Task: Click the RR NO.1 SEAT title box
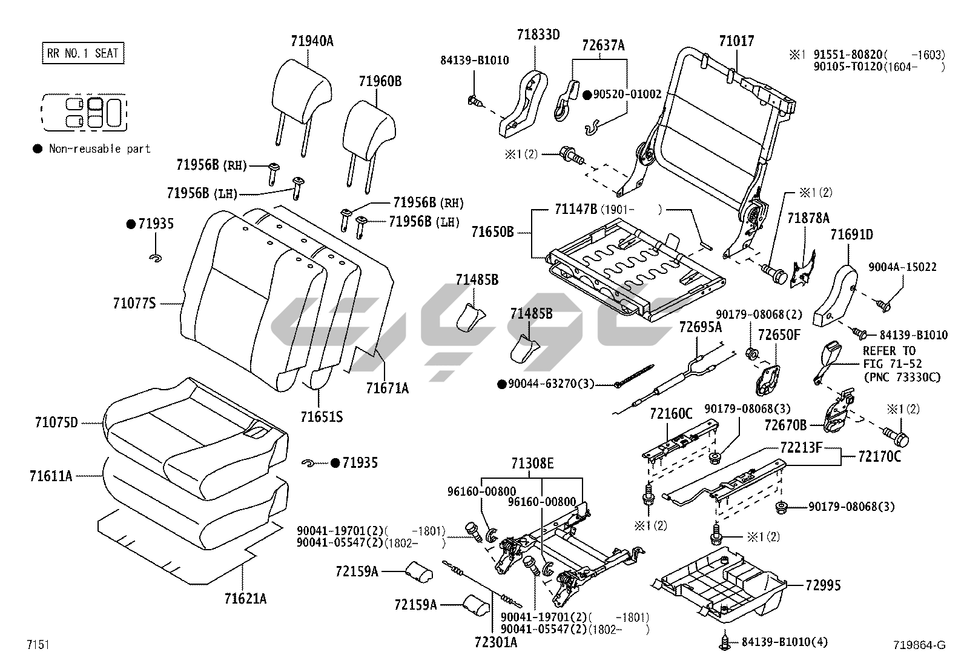(x=82, y=53)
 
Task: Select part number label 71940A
(x=312, y=41)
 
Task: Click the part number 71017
(x=736, y=41)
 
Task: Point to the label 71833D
(x=538, y=35)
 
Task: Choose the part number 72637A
(x=603, y=45)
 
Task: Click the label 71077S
(x=134, y=302)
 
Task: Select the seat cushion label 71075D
(x=56, y=422)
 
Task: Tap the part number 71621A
(x=245, y=599)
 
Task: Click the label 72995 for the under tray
(x=823, y=585)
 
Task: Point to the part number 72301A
(x=496, y=642)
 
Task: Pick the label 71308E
(x=532, y=464)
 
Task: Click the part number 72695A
(x=700, y=327)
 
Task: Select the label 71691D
(x=851, y=235)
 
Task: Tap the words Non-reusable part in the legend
(x=99, y=148)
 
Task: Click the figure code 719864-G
(x=919, y=645)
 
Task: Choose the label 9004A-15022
(x=902, y=267)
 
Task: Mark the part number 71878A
(x=808, y=218)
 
